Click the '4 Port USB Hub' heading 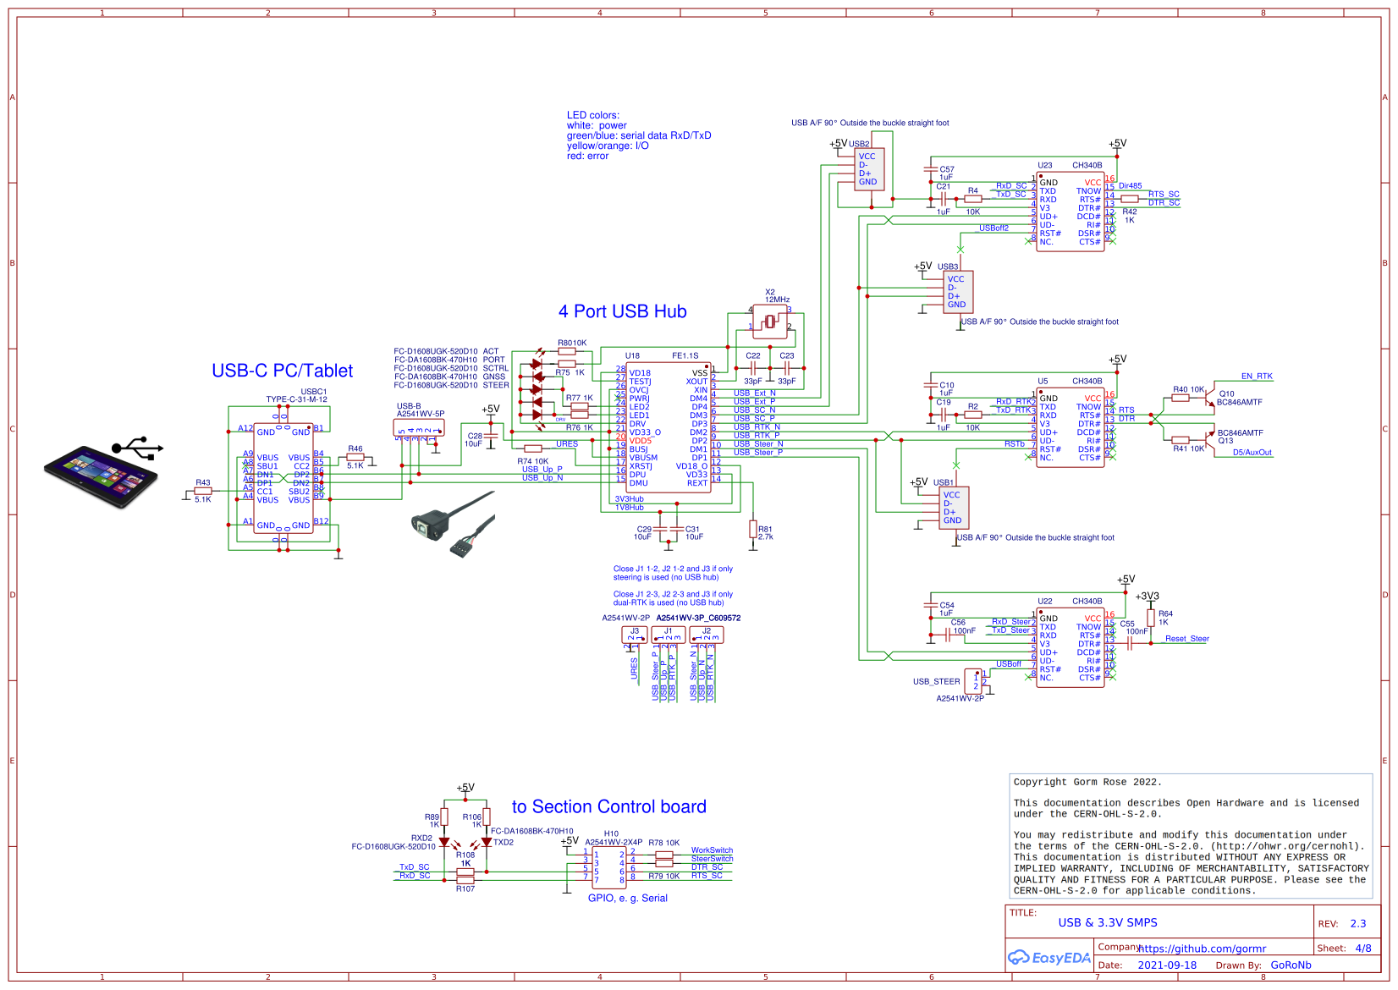point(622,311)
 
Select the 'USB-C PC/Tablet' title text point(282,371)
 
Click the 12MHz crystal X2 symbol point(770,322)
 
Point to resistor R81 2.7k point(752,530)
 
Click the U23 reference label point(1045,165)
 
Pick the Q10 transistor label point(1226,393)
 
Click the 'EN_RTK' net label point(1256,377)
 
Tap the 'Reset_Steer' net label point(1186,639)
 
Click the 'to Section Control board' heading point(608,806)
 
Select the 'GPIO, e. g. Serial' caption point(627,898)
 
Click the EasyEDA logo point(1048,957)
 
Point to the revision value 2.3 point(1357,923)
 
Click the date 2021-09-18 point(1166,965)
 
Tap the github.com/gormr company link point(1202,949)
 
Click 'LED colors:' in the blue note point(592,115)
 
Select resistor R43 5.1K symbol point(203,491)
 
